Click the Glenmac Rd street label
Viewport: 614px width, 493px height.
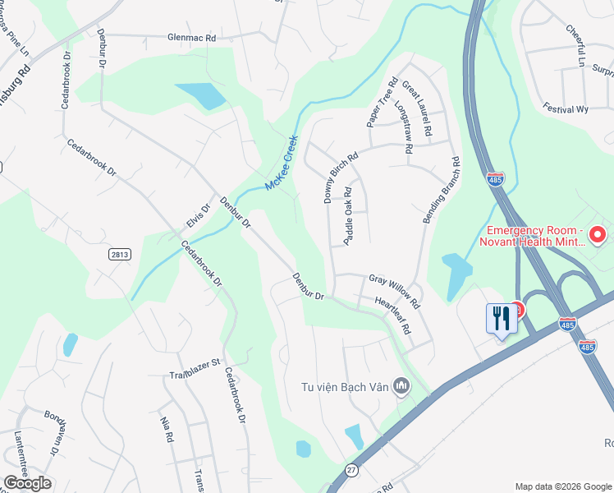click(x=190, y=38)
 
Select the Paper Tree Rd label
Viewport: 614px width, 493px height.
click(x=382, y=103)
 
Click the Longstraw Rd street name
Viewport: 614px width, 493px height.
click(x=402, y=129)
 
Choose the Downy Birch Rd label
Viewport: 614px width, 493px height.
click(x=341, y=177)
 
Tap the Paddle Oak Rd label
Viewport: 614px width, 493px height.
click(x=350, y=216)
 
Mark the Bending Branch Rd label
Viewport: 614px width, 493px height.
click(x=441, y=191)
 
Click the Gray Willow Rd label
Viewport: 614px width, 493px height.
click(x=394, y=291)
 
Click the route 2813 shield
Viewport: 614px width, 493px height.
click(x=119, y=255)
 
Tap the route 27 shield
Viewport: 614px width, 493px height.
click(x=351, y=469)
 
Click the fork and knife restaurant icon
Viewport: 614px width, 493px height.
click(x=500, y=317)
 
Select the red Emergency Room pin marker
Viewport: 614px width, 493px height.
click(x=598, y=234)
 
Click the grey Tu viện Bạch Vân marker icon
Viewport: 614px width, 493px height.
click(x=401, y=385)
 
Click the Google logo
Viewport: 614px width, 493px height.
click(x=27, y=483)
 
